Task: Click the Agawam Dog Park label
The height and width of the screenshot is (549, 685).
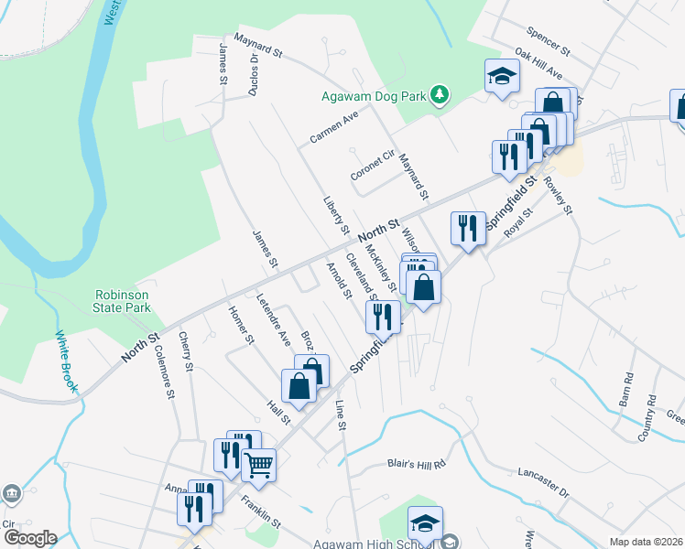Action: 375,95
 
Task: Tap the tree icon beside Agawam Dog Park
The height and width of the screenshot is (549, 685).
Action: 440,94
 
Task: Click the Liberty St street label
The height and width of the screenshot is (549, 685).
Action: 335,212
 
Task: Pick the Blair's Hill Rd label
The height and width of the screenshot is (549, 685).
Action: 415,464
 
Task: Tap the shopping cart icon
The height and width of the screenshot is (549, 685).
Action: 258,466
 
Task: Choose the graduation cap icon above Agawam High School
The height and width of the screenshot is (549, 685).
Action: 425,523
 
